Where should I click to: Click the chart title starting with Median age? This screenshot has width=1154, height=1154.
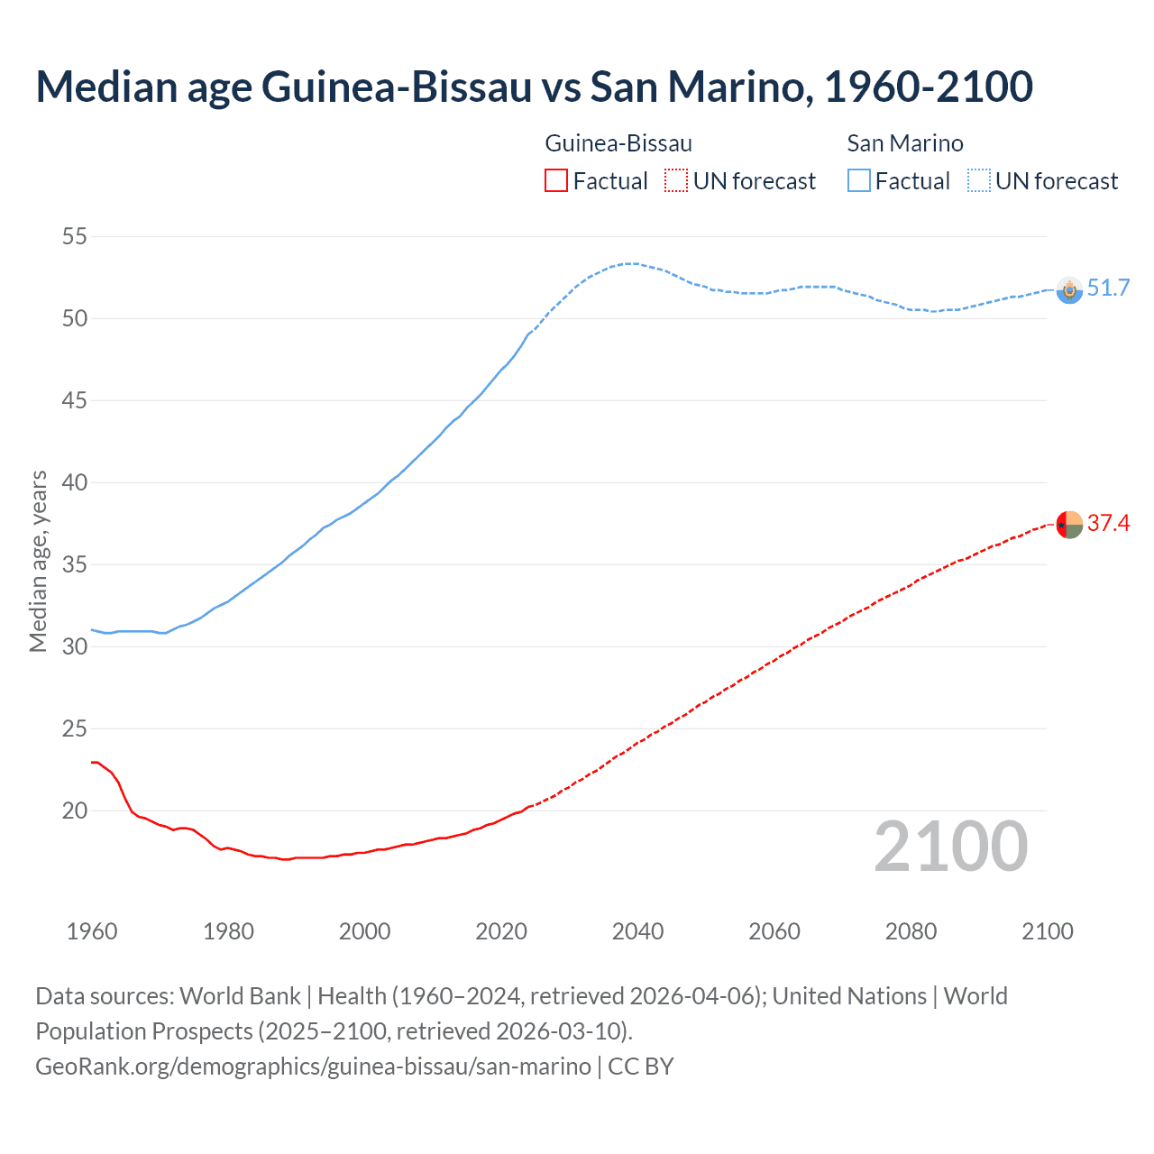[534, 87]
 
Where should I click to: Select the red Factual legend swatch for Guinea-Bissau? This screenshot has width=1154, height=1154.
[556, 181]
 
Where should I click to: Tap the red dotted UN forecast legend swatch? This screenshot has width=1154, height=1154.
[676, 181]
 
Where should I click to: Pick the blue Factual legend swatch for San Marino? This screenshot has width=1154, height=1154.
[858, 181]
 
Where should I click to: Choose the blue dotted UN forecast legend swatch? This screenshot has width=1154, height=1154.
[978, 181]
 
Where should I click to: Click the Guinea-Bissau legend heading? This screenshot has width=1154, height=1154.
[618, 143]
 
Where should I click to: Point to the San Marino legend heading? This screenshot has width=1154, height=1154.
[905, 143]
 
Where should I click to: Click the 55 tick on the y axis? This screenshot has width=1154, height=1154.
[74, 237]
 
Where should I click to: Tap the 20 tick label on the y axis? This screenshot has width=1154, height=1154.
[74, 811]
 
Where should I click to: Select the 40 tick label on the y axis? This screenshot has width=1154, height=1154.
[74, 482]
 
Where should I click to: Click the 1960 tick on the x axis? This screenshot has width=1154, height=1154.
[92, 931]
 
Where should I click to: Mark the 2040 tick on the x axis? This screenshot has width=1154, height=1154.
[637, 931]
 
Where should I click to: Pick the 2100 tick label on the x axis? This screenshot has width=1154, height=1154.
[1048, 931]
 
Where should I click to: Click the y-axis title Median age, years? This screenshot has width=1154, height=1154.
[38, 561]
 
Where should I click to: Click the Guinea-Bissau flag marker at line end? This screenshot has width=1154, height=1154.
[1069, 524]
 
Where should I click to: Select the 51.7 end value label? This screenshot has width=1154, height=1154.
[1108, 288]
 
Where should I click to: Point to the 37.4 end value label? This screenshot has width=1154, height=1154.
[1108, 524]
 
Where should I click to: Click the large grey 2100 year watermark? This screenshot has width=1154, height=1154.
[951, 847]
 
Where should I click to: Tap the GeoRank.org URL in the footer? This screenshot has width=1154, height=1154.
[313, 1067]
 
